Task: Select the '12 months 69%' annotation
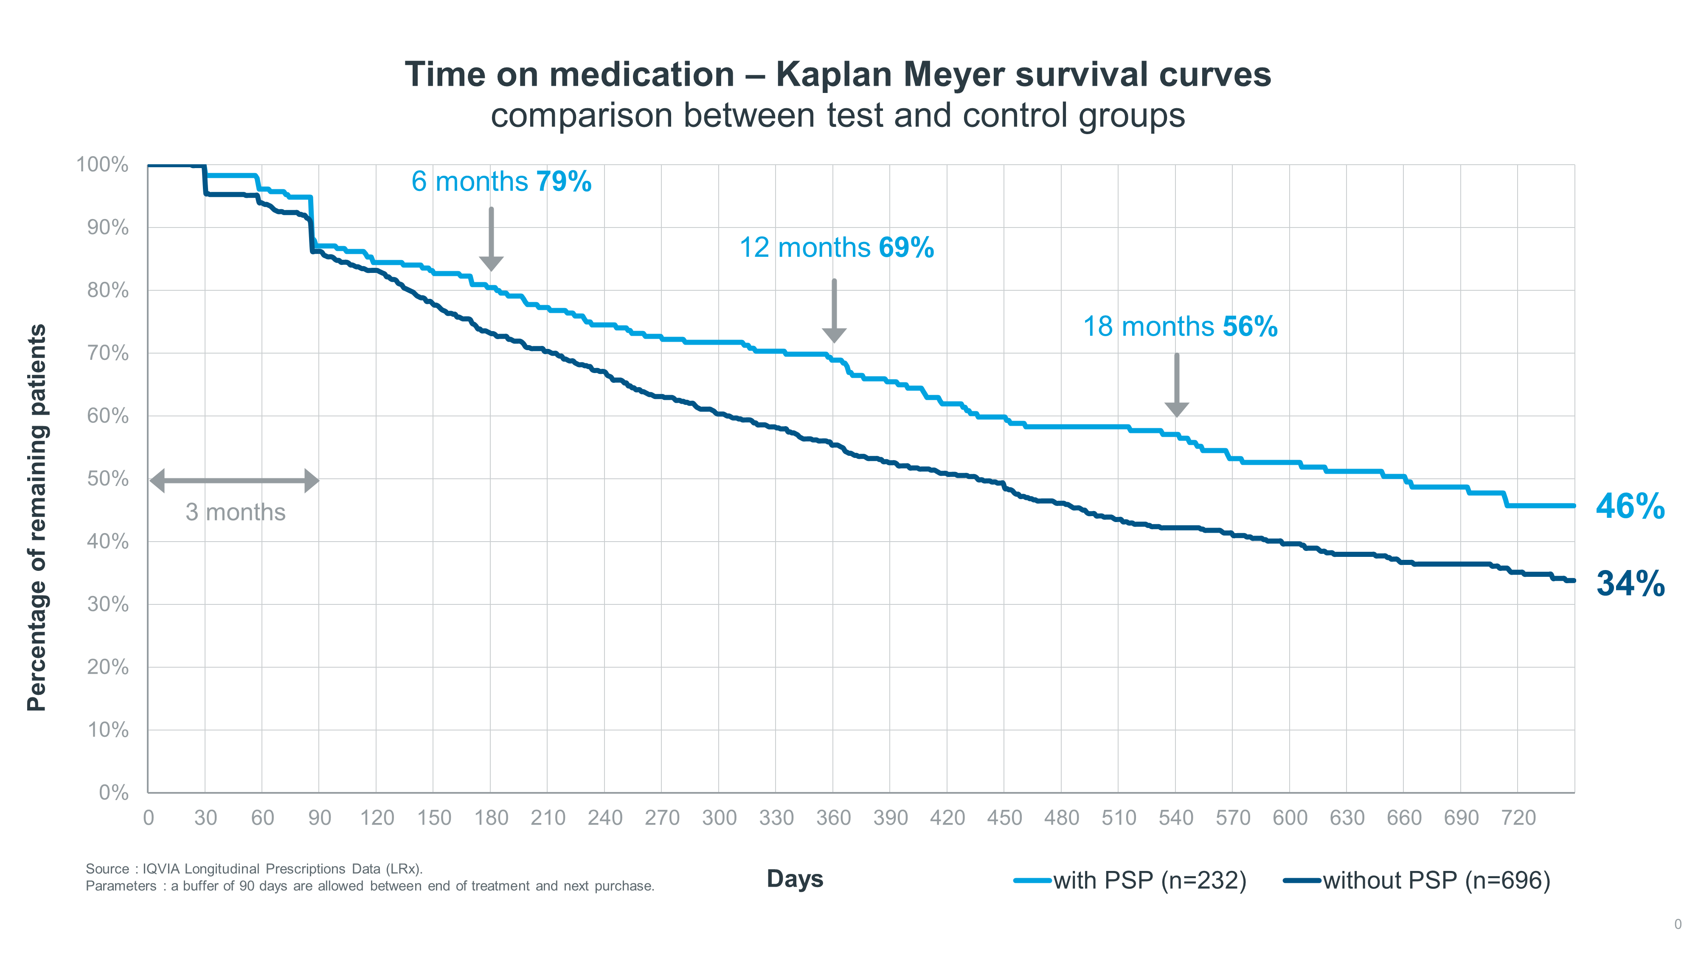(836, 248)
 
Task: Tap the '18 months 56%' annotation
(1180, 327)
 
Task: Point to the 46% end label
(1630, 506)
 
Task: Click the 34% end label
(1630, 583)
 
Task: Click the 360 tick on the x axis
(833, 818)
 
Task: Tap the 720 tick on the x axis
(1518, 818)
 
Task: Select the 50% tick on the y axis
(108, 478)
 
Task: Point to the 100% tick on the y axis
(102, 164)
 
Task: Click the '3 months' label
(235, 512)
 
